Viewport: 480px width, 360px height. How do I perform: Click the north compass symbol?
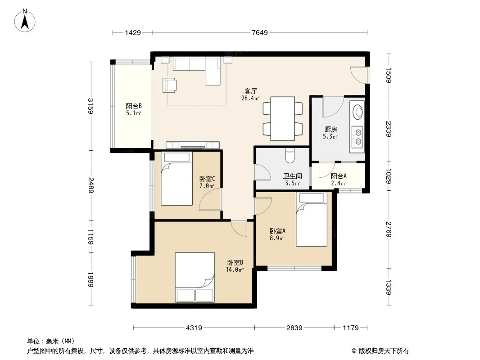[25, 21]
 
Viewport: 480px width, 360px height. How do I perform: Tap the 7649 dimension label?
[260, 32]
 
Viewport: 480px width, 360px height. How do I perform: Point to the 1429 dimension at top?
[133, 32]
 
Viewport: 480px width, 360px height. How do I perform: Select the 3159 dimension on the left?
[91, 106]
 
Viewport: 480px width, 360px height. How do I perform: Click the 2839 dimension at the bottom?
[294, 328]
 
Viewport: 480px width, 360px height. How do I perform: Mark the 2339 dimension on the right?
[389, 129]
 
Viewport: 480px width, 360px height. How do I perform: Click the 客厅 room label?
[250, 91]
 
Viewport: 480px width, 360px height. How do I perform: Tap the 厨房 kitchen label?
[331, 130]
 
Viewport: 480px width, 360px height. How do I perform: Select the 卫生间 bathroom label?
[292, 176]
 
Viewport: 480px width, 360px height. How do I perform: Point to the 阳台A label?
[339, 176]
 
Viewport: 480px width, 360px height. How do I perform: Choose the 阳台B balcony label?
[134, 106]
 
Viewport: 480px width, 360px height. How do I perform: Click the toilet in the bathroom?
[290, 155]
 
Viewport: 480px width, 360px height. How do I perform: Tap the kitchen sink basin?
[358, 112]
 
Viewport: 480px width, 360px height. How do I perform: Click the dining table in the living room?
[282, 119]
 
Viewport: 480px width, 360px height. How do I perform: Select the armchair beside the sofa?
[170, 85]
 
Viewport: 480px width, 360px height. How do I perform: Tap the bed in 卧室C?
[177, 179]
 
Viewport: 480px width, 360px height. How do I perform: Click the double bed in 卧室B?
[195, 277]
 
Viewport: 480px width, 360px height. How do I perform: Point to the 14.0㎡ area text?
[235, 270]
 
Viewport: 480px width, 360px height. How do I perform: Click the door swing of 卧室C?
[210, 199]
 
